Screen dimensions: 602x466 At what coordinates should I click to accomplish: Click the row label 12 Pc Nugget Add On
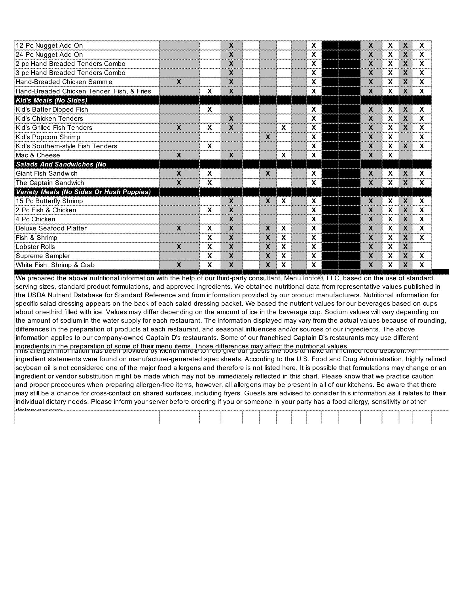point(49,45)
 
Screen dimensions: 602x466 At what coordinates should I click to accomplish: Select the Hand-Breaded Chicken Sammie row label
point(64,82)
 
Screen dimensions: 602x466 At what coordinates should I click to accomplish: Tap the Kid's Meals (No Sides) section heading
point(51,100)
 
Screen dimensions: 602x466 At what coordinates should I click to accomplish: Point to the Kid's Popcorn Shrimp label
point(48,137)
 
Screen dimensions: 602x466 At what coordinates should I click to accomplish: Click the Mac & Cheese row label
point(38,155)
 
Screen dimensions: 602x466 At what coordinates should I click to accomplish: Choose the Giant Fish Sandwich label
point(46,173)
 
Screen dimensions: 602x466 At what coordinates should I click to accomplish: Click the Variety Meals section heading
point(83,192)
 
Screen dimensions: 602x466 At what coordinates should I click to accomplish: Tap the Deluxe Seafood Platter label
point(51,228)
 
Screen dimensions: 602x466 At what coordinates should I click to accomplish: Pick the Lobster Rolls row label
point(35,247)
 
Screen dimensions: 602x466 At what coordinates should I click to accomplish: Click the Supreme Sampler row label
point(43,256)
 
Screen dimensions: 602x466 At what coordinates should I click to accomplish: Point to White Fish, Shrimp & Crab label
point(55,265)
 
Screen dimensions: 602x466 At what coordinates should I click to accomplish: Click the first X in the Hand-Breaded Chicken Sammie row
point(179,82)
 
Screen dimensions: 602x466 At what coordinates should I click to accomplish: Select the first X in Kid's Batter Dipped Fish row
point(210,109)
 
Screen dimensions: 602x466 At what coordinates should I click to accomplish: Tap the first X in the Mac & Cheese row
point(179,155)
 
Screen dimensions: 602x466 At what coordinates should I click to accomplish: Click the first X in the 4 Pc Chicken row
point(231,219)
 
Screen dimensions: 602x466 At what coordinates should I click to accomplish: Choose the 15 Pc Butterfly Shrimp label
point(49,201)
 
